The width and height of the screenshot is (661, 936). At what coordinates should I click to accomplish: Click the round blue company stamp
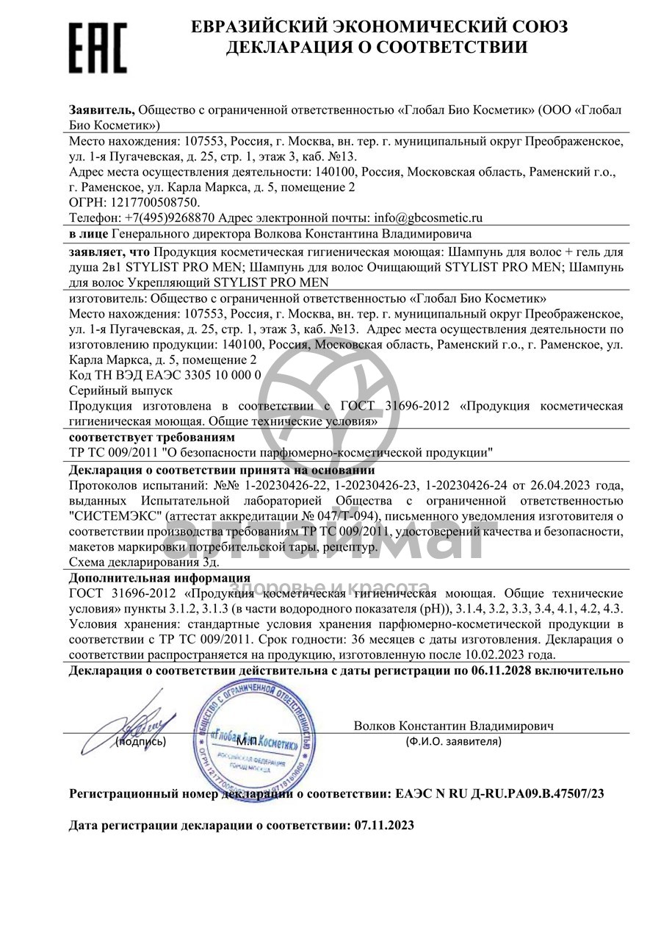(253, 736)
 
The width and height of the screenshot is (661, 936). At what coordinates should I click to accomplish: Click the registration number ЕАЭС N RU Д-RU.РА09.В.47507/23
(500, 795)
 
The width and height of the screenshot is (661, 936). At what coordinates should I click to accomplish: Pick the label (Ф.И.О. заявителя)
(453, 741)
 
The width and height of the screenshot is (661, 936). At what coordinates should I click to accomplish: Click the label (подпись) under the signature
(141, 741)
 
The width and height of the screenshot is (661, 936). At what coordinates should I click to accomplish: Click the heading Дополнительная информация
(159, 578)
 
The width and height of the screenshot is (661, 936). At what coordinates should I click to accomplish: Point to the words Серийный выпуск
(120, 390)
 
